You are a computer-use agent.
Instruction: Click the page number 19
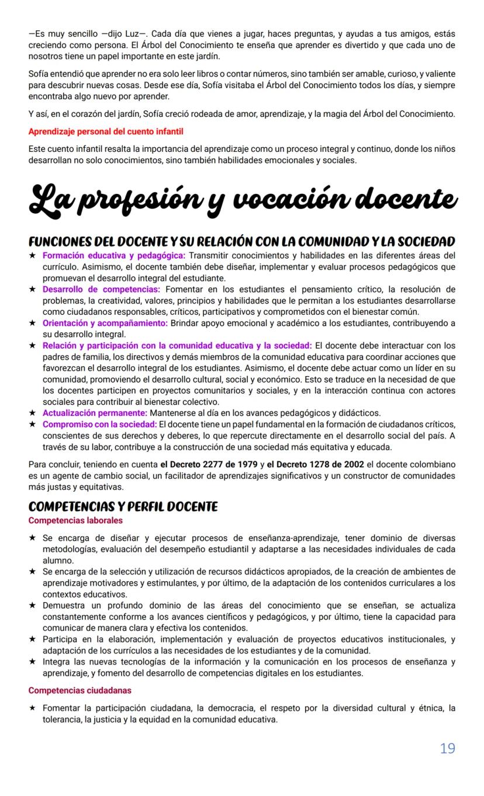click(447, 748)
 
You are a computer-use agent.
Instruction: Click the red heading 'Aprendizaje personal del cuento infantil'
click(106, 131)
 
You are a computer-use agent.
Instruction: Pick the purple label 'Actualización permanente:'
click(95, 413)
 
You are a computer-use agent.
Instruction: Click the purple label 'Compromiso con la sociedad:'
click(99, 424)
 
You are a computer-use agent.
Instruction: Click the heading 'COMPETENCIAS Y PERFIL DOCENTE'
click(123, 506)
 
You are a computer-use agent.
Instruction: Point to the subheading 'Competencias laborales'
click(75, 520)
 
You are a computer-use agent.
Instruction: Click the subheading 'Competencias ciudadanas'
click(79, 690)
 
